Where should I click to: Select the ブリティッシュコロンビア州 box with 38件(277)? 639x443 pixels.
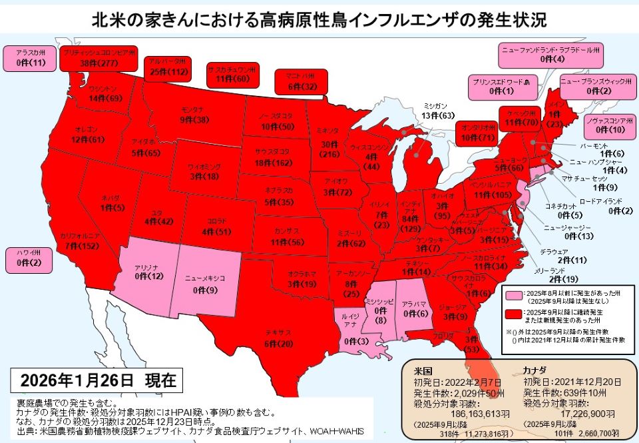coord(99,58)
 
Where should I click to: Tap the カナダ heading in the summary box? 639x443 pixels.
coord(535,370)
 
